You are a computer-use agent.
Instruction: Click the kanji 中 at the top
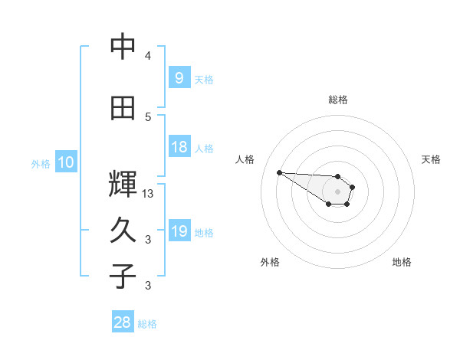[x=123, y=47]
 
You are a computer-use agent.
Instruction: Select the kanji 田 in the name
[x=123, y=108]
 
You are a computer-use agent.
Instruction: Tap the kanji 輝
[x=123, y=185]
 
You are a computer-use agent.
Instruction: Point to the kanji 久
[x=123, y=231]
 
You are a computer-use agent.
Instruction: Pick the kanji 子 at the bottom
[x=123, y=277]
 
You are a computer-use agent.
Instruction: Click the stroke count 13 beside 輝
[x=149, y=194]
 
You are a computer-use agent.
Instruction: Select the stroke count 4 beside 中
[x=148, y=56]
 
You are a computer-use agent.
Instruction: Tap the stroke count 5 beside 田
[x=148, y=117]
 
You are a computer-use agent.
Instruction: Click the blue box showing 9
[x=179, y=77]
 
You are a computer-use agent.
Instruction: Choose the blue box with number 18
[x=179, y=147]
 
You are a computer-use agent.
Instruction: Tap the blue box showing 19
[x=179, y=231]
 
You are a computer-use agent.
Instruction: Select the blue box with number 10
[x=65, y=162]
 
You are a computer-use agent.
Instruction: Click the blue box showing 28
[x=122, y=323]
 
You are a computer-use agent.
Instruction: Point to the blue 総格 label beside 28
[x=147, y=324]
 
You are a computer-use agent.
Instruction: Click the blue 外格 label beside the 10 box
[x=40, y=163]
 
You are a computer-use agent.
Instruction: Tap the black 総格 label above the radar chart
[x=337, y=100]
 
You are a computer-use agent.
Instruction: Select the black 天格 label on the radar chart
[x=431, y=159]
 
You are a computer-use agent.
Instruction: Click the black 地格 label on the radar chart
[x=402, y=263]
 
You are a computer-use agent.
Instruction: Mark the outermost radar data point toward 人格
[x=279, y=172]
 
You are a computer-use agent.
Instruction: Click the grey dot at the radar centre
[x=337, y=191]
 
